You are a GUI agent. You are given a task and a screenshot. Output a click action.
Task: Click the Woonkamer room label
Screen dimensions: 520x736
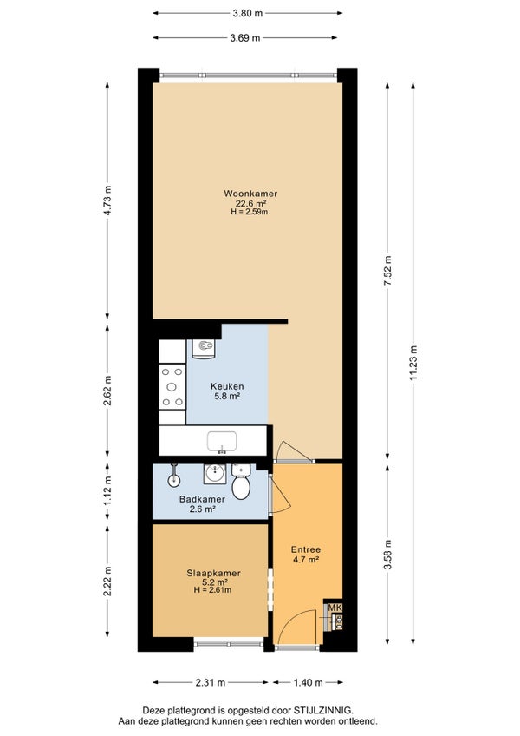[x=250, y=194]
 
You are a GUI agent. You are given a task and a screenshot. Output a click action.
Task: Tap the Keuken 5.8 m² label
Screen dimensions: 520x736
[x=227, y=391]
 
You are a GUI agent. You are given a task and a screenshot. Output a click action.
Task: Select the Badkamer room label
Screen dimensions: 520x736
[x=202, y=499]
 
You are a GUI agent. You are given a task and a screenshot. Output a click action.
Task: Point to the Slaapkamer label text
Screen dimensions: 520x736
[x=213, y=573]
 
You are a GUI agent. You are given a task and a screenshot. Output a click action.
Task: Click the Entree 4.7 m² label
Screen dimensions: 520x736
[x=305, y=555]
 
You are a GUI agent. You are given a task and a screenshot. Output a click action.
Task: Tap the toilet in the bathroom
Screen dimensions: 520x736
[x=241, y=482]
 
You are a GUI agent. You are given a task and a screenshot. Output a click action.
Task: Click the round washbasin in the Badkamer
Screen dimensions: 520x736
[x=215, y=474]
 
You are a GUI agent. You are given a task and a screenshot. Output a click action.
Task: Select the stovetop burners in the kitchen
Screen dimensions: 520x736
[x=172, y=387]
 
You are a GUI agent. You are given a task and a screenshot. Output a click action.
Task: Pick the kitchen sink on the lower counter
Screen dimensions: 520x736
[x=222, y=442]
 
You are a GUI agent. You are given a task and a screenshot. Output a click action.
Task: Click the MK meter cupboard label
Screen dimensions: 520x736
[x=335, y=608]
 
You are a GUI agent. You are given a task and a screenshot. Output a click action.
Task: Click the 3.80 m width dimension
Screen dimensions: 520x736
[x=248, y=13]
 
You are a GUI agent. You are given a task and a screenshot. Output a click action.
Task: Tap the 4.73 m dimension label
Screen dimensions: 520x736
[x=107, y=200]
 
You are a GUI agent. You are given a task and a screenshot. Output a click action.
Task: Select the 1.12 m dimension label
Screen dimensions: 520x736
[x=107, y=491]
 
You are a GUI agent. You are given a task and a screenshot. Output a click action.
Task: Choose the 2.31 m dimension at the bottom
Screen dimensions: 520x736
[x=211, y=682]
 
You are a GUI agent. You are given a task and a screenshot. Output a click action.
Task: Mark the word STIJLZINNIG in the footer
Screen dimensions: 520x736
[x=323, y=711]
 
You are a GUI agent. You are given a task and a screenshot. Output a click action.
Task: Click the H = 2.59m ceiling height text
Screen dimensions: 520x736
[x=250, y=212]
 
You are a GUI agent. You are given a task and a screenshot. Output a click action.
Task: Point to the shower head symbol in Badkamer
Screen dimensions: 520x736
[x=174, y=476]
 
